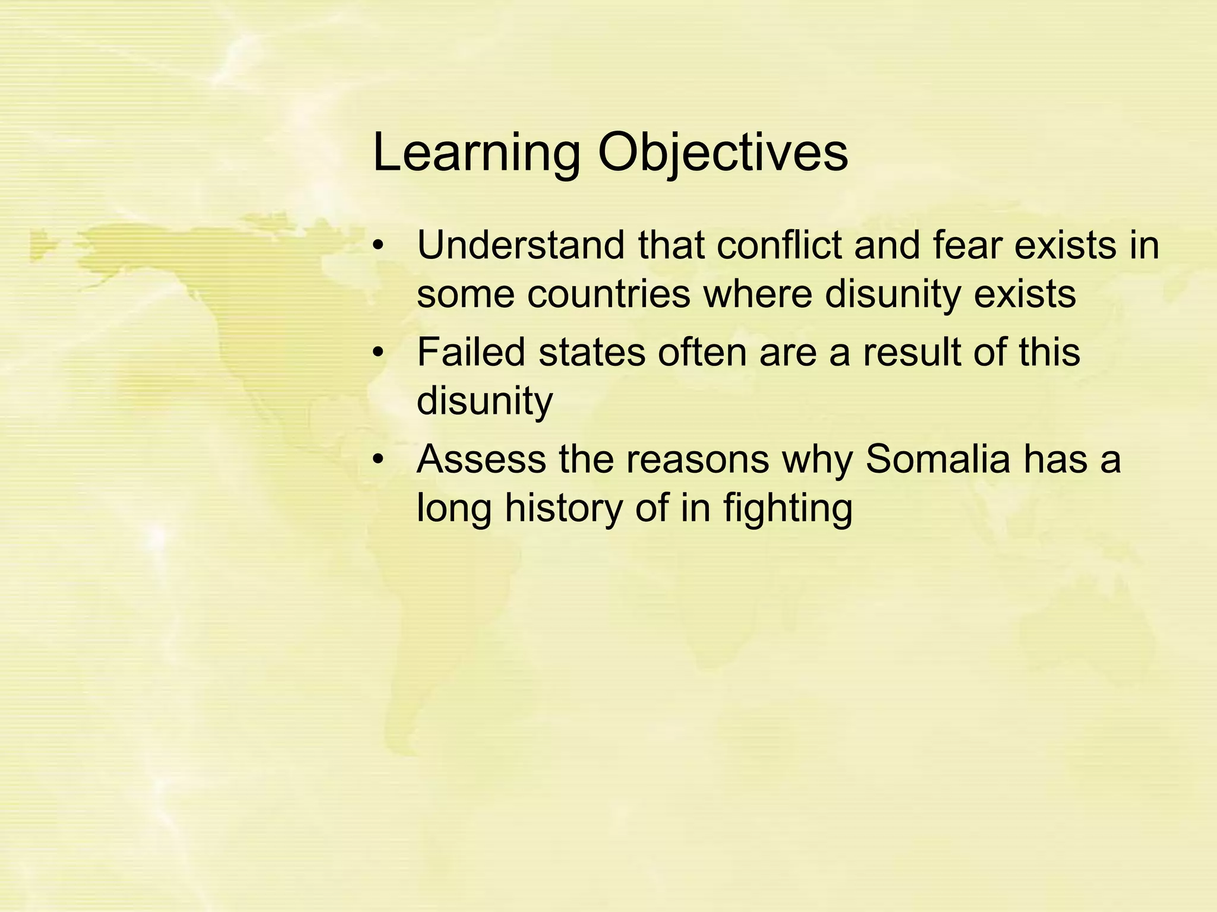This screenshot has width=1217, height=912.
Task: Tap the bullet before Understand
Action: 379,246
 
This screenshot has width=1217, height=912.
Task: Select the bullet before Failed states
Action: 379,353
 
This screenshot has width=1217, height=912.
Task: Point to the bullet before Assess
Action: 379,460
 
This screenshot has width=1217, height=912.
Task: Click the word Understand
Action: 521,245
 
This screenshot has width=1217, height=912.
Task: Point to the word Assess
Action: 480,460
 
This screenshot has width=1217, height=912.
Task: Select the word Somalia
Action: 938,460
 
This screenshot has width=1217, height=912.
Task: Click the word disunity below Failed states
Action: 484,401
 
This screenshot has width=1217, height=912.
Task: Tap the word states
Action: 591,352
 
